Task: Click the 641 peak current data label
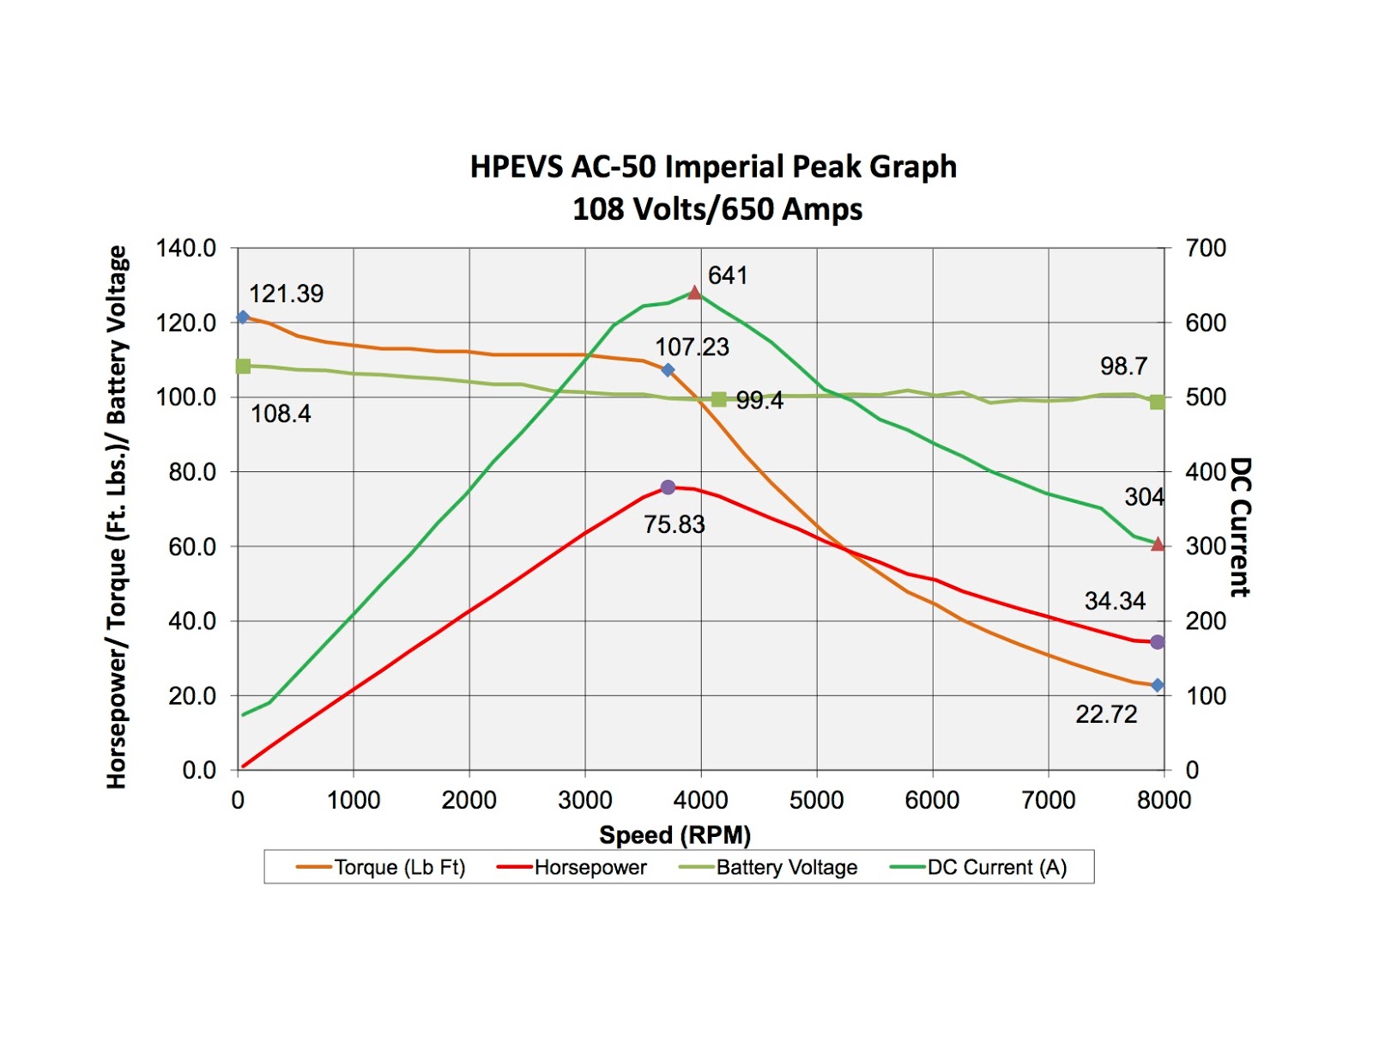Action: [727, 276]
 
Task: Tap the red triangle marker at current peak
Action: [694, 294]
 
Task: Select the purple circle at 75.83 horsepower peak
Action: [668, 488]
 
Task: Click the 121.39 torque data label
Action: [286, 294]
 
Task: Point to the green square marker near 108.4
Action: [243, 367]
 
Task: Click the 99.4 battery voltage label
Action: [759, 401]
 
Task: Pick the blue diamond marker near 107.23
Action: [668, 370]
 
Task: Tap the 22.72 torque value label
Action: [1105, 714]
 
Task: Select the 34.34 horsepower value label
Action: [1114, 601]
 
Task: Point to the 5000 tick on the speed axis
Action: [816, 800]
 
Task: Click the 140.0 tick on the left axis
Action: [185, 249]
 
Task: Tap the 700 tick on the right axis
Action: [1206, 249]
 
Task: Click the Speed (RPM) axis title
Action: [674, 834]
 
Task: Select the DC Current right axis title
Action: [1240, 527]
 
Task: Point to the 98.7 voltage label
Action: [1123, 367]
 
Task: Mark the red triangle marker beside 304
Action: [1158, 544]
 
